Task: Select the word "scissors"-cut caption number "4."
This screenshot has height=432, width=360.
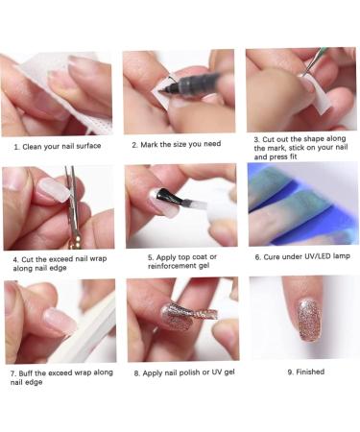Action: pyautogui.click(x=16, y=258)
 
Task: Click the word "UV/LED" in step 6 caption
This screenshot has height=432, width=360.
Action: pyautogui.click(x=319, y=257)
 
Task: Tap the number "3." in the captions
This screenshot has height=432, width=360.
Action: pyautogui.click(x=257, y=140)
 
